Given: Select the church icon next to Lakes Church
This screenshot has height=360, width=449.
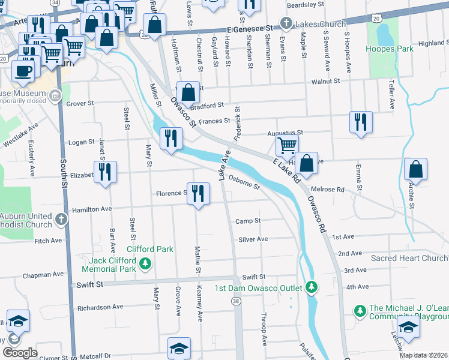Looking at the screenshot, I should click(x=287, y=25).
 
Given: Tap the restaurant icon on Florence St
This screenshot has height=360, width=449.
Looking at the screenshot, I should click(x=198, y=194).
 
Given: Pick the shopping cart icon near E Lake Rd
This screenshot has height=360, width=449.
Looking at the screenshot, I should click(x=287, y=145).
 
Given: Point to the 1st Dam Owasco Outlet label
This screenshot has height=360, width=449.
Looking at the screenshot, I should click(x=258, y=288).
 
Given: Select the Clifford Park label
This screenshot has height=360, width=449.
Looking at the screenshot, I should click(x=149, y=249).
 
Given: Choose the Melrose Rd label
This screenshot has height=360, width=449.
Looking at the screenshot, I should click(x=333, y=190).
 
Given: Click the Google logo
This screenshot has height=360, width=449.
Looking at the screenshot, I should click(x=20, y=353).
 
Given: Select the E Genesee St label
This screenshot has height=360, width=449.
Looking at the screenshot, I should click(x=250, y=28).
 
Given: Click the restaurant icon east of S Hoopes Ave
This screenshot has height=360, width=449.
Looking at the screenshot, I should click(x=361, y=122).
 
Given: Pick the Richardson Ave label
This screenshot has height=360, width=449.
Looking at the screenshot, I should click(x=100, y=308).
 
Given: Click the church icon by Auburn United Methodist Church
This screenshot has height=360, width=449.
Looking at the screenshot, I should click(x=61, y=220).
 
